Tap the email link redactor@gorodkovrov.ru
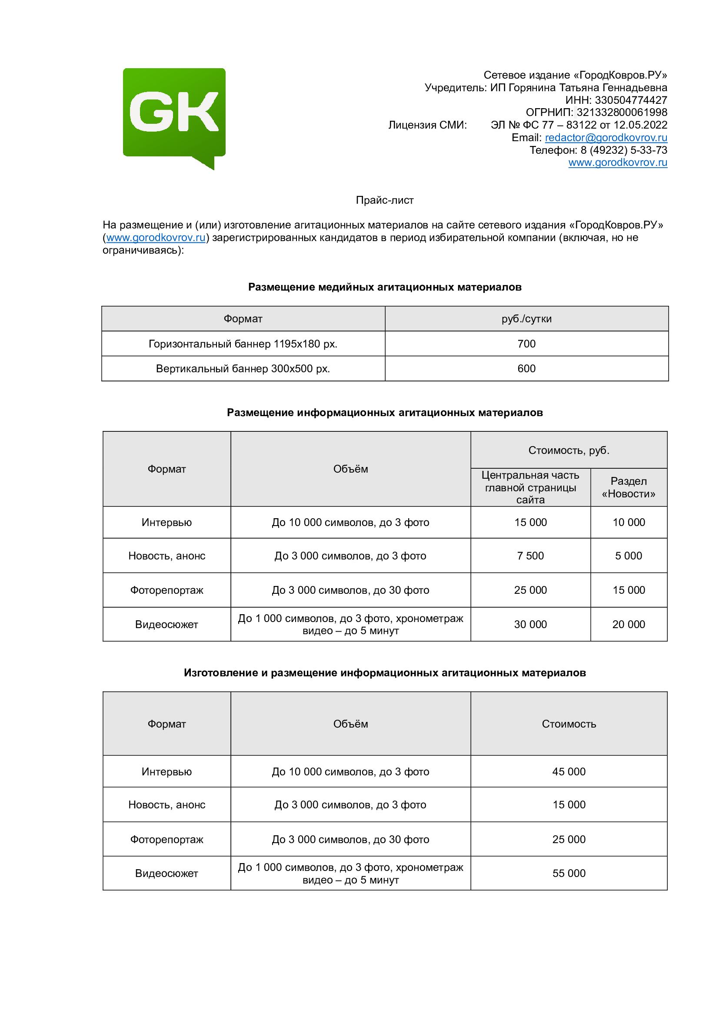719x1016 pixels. (606, 138)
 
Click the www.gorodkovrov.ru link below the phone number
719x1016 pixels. (618, 162)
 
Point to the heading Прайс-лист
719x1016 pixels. (385, 200)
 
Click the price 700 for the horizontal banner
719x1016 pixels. (526, 344)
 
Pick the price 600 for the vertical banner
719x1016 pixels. (526, 369)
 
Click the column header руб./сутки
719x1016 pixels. (526, 318)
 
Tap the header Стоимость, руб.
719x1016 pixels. (569, 450)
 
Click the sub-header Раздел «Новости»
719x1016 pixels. (629, 488)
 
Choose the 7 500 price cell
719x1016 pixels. (530, 556)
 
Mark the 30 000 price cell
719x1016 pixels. (530, 624)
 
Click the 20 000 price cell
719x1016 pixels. (629, 624)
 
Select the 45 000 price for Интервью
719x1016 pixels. (569, 772)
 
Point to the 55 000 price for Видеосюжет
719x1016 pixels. (569, 873)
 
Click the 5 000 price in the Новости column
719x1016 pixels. (629, 556)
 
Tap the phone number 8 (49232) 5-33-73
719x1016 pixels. (624, 150)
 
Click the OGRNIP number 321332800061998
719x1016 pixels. (622, 113)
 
